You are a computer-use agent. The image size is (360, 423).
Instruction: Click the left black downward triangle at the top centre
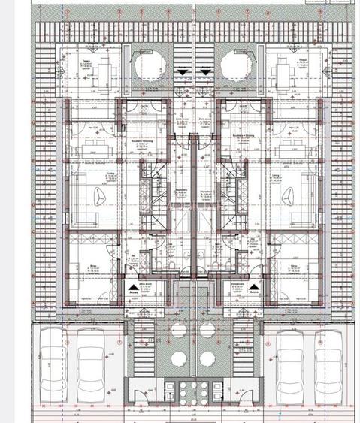pos(184,71)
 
